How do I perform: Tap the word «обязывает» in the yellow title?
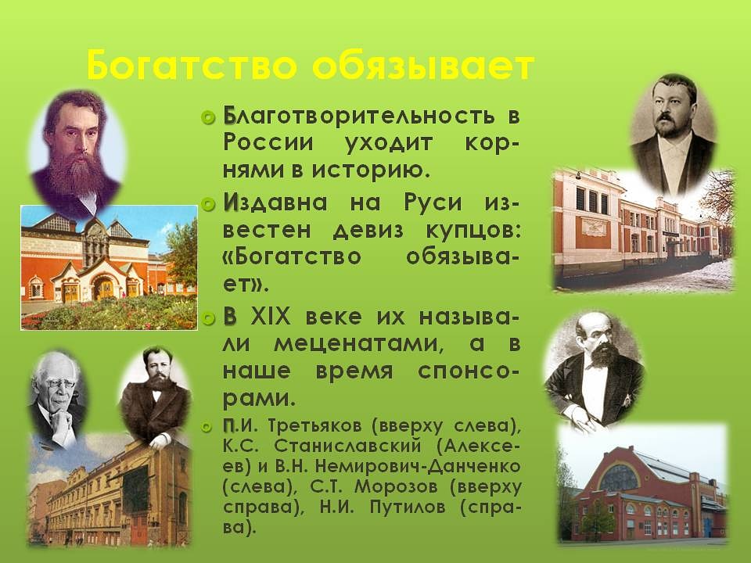(423, 66)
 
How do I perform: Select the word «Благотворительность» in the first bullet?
(359, 117)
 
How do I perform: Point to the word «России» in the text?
(268, 143)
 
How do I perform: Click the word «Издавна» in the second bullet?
(275, 203)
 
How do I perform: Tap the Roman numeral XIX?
(271, 317)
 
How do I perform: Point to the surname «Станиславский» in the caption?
(347, 446)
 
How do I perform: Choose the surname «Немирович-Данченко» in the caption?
(418, 466)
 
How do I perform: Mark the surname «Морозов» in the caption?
(397, 487)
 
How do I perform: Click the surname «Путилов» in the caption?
(408, 507)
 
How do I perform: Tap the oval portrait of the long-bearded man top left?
(77, 154)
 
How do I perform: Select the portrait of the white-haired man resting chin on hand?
(57, 398)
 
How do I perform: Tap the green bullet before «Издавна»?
(208, 204)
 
